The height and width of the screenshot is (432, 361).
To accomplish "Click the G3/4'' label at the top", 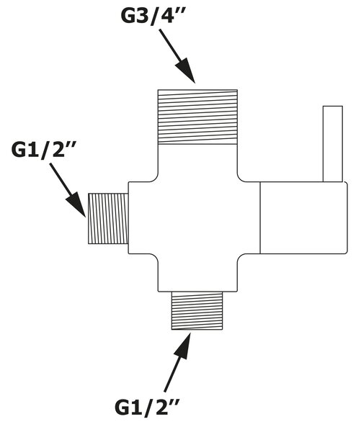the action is (x=153, y=17).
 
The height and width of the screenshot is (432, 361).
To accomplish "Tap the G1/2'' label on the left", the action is (x=44, y=150).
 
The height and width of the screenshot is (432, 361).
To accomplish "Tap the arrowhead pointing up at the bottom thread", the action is (x=182, y=346).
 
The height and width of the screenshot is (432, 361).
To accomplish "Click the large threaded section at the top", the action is (x=197, y=117).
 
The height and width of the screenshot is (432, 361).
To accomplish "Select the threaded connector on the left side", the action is (x=108, y=218).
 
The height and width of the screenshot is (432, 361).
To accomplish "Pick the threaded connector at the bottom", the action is (x=197, y=310).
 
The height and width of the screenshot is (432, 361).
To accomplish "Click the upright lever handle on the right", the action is (x=333, y=144).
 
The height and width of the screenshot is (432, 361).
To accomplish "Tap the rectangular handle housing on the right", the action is (x=303, y=217).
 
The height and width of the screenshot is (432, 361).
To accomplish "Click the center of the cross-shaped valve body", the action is (x=197, y=217).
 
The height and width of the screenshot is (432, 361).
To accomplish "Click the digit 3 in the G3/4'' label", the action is (x=142, y=17).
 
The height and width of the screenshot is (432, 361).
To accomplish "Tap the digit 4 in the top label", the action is (x=167, y=17).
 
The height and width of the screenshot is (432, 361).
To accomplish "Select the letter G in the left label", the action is (x=19, y=150).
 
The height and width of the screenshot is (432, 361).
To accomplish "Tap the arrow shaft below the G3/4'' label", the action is (x=171, y=46).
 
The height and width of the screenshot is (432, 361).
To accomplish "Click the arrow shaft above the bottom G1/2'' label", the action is (x=173, y=372).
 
